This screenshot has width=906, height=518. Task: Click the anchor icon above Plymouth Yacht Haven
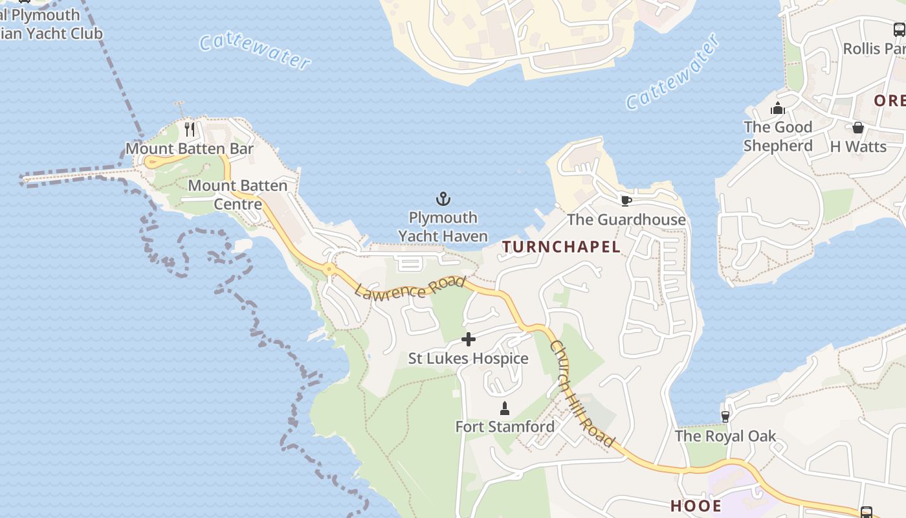443,199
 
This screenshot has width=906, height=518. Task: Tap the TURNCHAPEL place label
561,247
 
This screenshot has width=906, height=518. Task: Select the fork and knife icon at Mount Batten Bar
189,129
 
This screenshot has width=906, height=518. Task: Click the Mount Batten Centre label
238,195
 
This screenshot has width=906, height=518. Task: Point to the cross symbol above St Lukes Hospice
469,339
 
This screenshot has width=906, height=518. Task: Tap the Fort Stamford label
505,427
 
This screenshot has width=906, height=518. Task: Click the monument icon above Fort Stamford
505,409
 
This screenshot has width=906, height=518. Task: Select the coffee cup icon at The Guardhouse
626,200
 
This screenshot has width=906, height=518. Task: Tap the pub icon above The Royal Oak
725,416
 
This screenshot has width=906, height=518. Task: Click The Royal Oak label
725,436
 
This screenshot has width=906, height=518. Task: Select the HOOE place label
696,506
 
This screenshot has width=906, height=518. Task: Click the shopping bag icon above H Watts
858,128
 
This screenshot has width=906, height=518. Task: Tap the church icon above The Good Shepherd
778,108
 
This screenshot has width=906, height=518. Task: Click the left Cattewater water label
254,51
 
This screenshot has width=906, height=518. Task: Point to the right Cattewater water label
673,72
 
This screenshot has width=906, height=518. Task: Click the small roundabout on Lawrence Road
329,268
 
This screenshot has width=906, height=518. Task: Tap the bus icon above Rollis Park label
900,29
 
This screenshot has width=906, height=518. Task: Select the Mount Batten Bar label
189,148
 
